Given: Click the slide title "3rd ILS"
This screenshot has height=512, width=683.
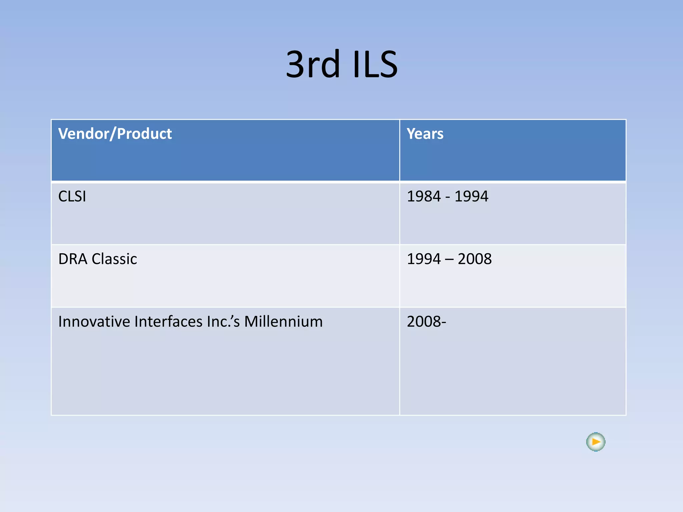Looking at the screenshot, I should click(341, 64).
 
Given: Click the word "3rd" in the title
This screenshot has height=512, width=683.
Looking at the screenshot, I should click(312, 64).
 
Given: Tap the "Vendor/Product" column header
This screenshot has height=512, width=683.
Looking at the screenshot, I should click(115, 134).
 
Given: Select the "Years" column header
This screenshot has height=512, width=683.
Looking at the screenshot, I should click(425, 134).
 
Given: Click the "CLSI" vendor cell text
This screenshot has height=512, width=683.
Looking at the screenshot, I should click(72, 196).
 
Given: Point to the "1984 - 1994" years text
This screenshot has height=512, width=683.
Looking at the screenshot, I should click(448, 196).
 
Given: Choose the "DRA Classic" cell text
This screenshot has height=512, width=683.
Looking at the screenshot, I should click(97, 259).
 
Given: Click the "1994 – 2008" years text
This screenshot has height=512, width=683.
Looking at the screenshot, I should click(449, 259).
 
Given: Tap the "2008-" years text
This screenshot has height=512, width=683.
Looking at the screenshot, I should click(427, 322).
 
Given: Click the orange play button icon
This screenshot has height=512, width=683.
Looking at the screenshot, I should click(596, 442).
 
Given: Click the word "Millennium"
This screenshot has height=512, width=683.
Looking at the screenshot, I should click(283, 322).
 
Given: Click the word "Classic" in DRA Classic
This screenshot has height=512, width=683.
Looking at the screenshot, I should click(114, 259).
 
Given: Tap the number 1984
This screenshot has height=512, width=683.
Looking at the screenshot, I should click(424, 196).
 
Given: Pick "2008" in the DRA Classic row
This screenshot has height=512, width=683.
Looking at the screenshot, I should click(475, 259).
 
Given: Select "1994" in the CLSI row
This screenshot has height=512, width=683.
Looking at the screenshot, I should click(472, 196).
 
